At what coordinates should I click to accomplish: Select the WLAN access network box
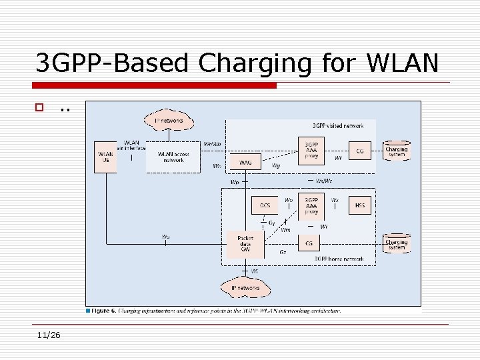point(173,157)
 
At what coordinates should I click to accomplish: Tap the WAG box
point(245,161)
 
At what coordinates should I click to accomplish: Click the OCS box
point(265,205)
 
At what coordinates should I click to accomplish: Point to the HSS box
point(360,205)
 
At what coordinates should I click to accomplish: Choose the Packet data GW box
point(245,244)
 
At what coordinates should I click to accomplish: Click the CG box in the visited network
point(360,151)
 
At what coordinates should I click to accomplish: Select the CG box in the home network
point(309,244)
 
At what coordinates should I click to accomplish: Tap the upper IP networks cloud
point(169,121)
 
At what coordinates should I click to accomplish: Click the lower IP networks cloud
point(246,288)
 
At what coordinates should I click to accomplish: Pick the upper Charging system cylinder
point(397,150)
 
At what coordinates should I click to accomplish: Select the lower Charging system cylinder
point(397,243)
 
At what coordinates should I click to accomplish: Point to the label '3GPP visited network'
point(338,125)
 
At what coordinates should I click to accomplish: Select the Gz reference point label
point(283,253)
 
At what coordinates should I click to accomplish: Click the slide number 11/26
point(49,335)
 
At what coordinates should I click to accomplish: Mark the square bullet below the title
point(40,107)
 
